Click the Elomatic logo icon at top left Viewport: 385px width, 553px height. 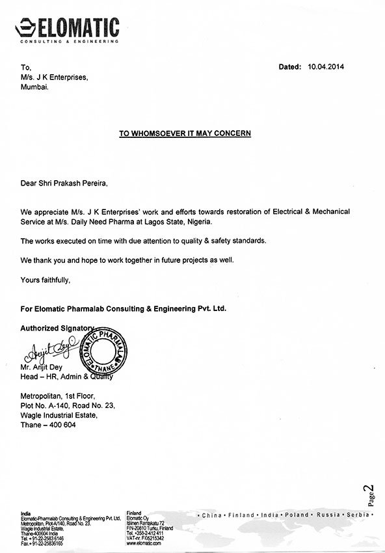pyautogui.click(x=25, y=27)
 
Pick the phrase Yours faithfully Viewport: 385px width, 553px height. pyautogui.click(x=44, y=280)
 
